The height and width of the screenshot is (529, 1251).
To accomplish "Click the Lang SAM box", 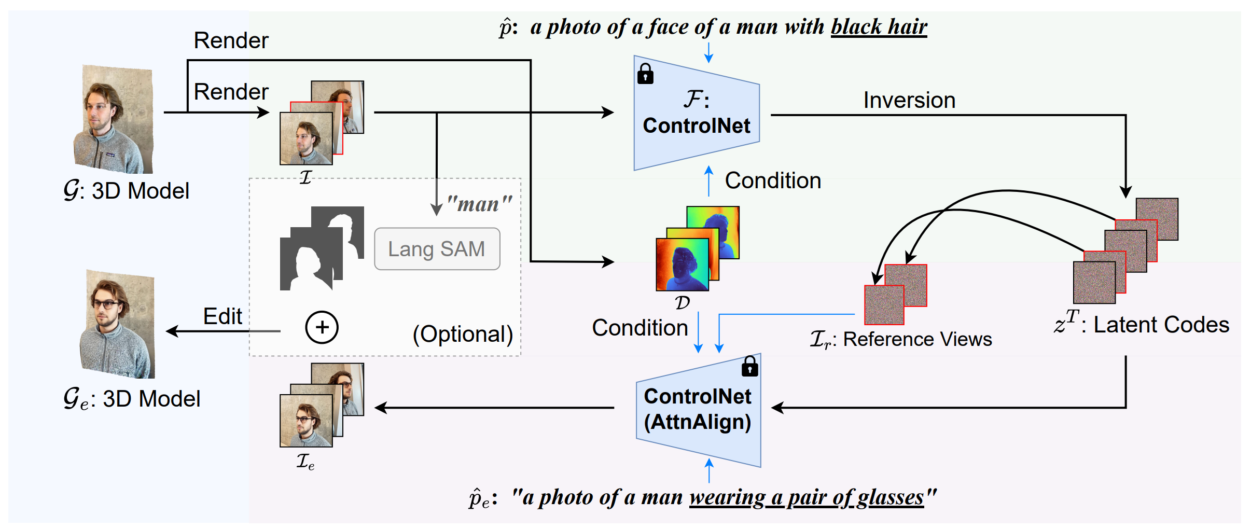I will [437, 249].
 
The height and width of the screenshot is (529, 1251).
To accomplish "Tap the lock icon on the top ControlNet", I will [645, 74].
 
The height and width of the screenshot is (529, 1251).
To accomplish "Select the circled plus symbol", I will [322, 327].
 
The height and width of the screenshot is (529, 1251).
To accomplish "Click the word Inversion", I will [909, 100].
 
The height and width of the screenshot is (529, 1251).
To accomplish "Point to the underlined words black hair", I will [879, 27].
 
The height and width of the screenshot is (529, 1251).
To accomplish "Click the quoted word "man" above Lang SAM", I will [479, 204].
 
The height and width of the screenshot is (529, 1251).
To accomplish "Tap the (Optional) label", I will [463, 334].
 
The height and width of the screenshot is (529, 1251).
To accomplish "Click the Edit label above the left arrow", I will [223, 316].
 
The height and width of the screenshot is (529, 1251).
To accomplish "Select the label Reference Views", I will [917, 339].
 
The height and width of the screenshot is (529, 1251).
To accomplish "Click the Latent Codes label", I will [1161, 325].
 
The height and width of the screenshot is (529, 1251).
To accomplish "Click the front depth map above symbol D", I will [682, 264].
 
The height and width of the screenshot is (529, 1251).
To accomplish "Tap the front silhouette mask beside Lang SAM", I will [306, 264].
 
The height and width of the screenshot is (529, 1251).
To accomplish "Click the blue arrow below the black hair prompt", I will [708, 52].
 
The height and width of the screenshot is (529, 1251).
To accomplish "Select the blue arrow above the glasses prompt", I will [709, 470].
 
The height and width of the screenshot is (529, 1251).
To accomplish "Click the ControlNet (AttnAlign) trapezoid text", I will [697, 409].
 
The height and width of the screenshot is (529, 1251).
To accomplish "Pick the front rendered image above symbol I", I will [306, 138].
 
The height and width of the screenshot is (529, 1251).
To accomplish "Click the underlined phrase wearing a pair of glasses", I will [806, 497].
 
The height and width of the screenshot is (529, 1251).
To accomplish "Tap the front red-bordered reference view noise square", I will [884, 305].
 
